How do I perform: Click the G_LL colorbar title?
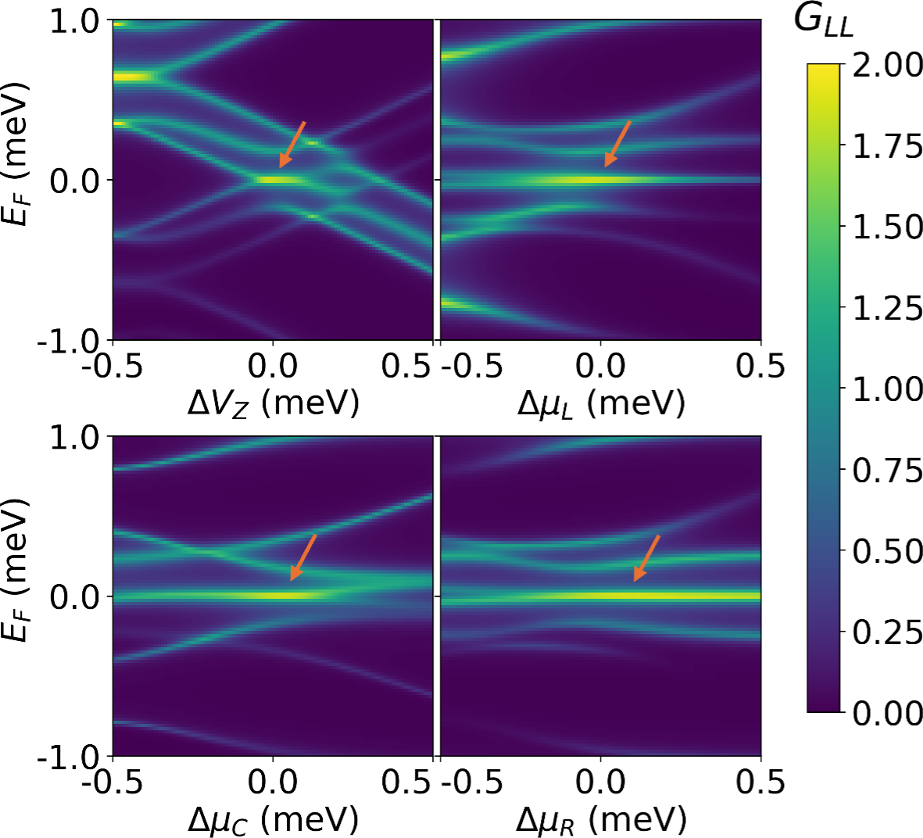823,21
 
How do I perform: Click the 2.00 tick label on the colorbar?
887,65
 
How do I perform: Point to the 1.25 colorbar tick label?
887,308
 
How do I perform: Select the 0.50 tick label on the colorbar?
887,551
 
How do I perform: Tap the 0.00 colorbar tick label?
887,713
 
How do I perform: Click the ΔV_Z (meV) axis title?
273,403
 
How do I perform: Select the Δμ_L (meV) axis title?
600,403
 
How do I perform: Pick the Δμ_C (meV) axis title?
273,820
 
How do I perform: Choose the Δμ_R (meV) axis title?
600,820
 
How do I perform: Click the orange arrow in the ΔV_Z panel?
292,145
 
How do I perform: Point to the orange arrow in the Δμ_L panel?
617,144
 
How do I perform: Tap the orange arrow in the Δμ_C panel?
303,557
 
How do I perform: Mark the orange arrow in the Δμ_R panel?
646,558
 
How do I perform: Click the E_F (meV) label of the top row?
16,152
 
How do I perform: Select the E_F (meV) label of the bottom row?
16,568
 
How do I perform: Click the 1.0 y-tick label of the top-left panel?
75,21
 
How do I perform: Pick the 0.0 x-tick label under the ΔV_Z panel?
273,365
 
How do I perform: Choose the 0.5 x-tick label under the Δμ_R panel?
760,781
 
